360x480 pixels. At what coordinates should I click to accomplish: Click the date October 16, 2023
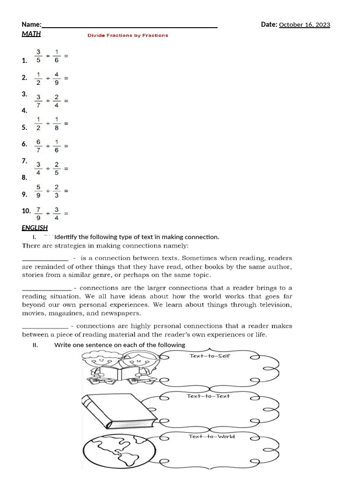[304, 25]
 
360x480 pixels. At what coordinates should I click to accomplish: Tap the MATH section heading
[31, 34]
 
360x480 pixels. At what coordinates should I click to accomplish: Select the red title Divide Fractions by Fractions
[127, 35]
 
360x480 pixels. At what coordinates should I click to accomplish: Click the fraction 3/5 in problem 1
[38, 56]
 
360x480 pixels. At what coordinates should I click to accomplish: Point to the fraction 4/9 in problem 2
[56, 78]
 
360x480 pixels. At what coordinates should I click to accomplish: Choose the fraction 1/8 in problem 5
[56, 124]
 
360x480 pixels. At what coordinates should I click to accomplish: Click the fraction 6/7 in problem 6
[38, 146]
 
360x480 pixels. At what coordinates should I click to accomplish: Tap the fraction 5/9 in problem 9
[38, 191]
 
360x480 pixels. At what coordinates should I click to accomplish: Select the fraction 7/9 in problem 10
[38, 213]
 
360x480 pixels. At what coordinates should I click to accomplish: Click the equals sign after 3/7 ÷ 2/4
[66, 101]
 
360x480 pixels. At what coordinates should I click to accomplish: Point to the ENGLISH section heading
[35, 228]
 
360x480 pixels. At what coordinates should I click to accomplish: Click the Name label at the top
[31, 24]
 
